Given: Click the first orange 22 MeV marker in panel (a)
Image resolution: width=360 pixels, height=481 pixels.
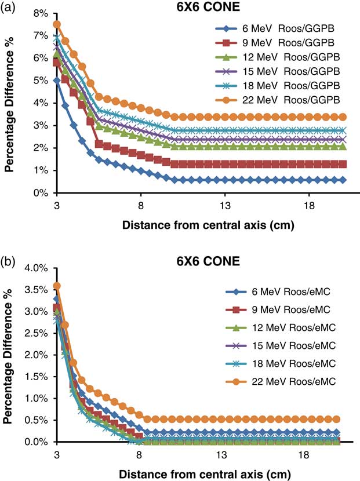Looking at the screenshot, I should tap(57, 24).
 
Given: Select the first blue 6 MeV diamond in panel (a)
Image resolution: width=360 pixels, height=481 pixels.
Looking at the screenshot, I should tap(57, 81).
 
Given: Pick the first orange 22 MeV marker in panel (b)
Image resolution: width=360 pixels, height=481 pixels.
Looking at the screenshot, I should tap(57, 286).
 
